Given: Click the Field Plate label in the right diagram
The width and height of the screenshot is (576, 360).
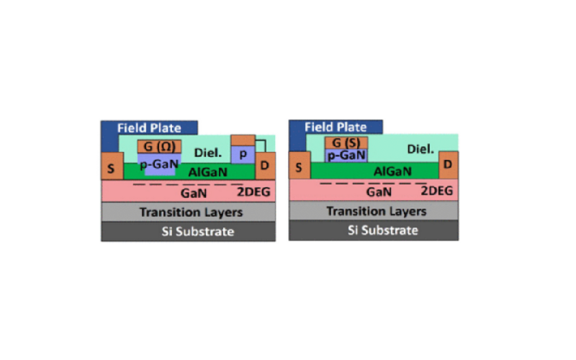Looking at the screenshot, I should click(336, 127).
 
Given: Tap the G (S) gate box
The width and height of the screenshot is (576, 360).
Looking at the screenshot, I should click(346, 142).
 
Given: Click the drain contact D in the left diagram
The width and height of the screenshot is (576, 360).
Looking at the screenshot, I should click(266, 166).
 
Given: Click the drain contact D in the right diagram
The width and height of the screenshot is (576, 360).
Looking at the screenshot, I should click(448, 164).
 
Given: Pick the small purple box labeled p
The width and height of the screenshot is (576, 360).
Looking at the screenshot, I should click(243, 154).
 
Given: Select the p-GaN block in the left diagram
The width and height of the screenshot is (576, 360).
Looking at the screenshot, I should click(159, 163).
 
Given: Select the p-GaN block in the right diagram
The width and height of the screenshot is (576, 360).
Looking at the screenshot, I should click(346, 155).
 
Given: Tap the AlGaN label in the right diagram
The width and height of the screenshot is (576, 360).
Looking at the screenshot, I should click(392, 171).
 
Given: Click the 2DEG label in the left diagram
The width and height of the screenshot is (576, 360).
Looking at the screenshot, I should click(252, 191).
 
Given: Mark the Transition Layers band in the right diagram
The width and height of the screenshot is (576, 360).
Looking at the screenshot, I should click(374, 210).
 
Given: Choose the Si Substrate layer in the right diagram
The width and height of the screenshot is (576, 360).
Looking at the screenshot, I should click(374, 230).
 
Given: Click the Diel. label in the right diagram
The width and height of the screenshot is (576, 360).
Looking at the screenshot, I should click(422, 148).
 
